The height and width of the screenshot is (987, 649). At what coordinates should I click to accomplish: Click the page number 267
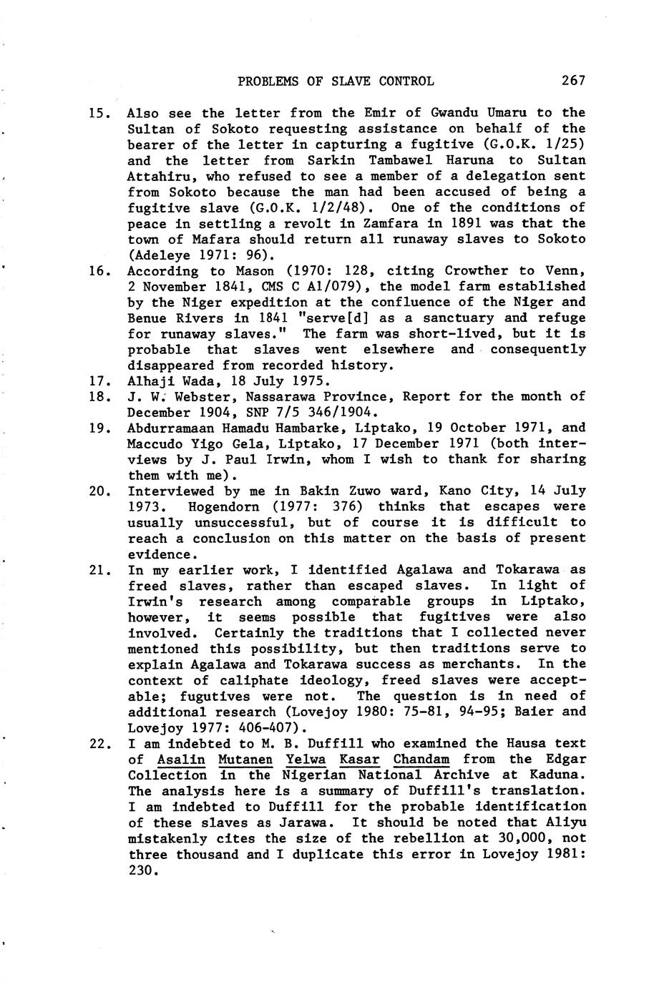pyautogui.click(x=573, y=81)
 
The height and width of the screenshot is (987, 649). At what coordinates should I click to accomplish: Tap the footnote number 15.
pyautogui.click(x=97, y=113)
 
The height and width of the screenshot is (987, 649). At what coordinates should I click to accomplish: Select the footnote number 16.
pyautogui.click(x=97, y=271)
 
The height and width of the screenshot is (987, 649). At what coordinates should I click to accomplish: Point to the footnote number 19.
pyautogui.click(x=97, y=428)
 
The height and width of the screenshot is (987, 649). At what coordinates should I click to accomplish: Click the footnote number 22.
pyautogui.click(x=97, y=744)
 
